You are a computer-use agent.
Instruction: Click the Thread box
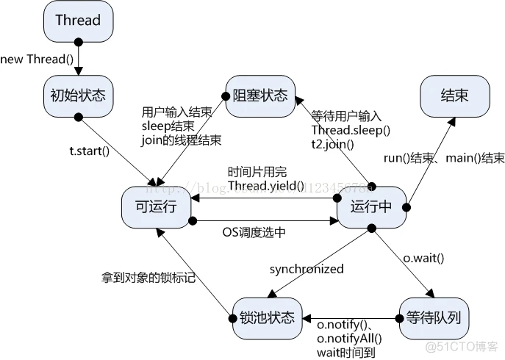(x=77, y=21)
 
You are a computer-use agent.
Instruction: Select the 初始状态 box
(x=77, y=96)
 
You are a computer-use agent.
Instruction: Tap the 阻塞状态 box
(x=259, y=96)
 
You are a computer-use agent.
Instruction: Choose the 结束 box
(x=454, y=96)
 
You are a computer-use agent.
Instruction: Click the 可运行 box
(x=157, y=207)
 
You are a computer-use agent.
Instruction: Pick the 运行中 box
(x=373, y=207)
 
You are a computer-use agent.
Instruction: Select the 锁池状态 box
(x=266, y=317)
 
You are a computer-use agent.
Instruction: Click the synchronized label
(x=307, y=269)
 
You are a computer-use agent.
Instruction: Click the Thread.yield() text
(x=265, y=186)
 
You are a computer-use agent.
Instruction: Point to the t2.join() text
(x=332, y=144)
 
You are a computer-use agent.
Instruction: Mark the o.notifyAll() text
(x=350, y=338)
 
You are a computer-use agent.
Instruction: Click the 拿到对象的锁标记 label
(x=148, y=278)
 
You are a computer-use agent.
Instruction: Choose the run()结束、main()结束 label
(x=444, y=158)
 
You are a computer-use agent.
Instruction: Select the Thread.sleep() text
(x=351, y=130)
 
